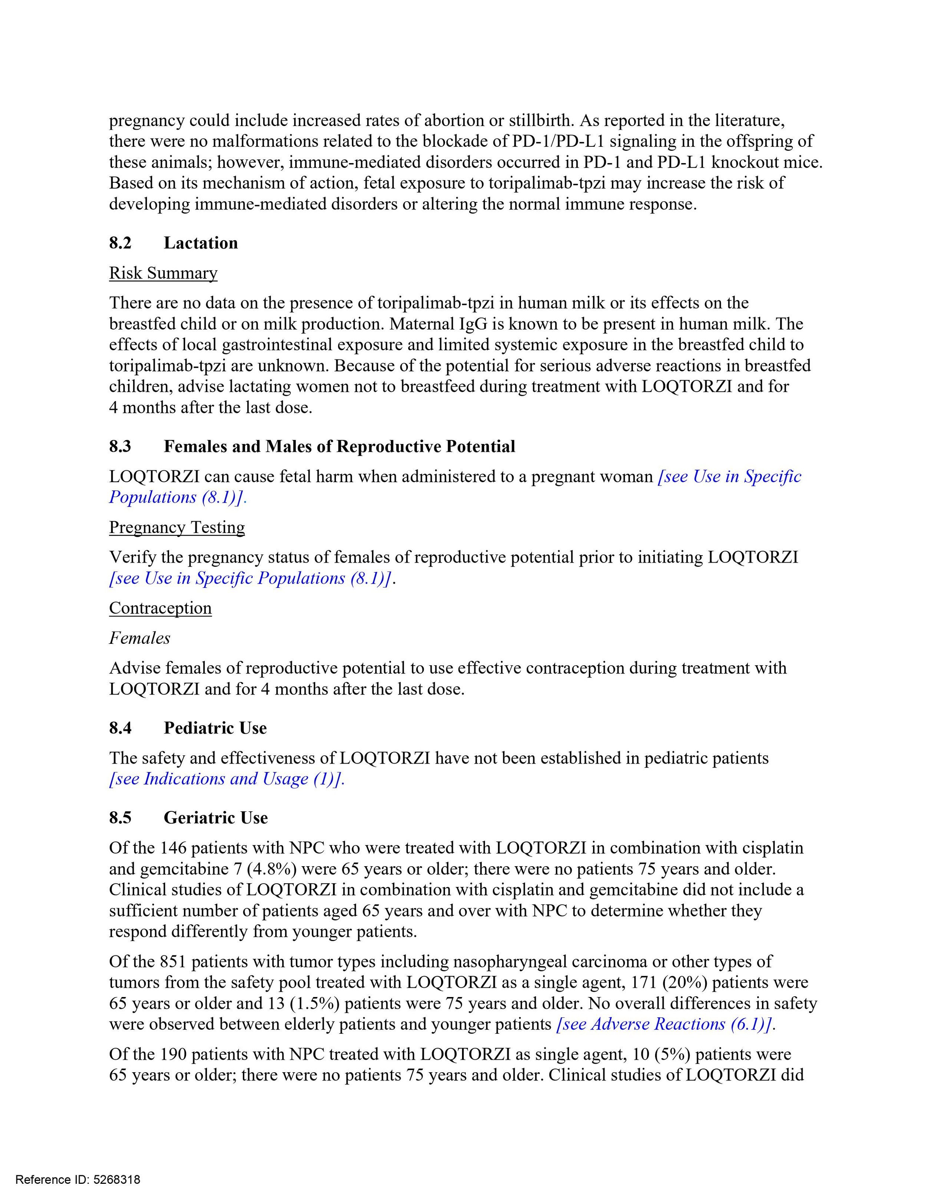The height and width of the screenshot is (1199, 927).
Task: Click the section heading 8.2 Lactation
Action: tap(173, 243)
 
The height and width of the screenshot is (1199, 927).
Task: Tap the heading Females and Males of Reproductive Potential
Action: tap(339, 446)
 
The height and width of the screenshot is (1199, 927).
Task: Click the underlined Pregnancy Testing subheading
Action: tap(177, 527)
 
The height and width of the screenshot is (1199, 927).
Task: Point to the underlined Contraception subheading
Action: tap(160, 608)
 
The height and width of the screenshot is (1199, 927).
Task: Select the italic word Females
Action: tap(139, 638)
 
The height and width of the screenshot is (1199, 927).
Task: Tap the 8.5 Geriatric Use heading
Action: tap(188, 818)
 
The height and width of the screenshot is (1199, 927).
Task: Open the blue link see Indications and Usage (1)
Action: tap(227, 779)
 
